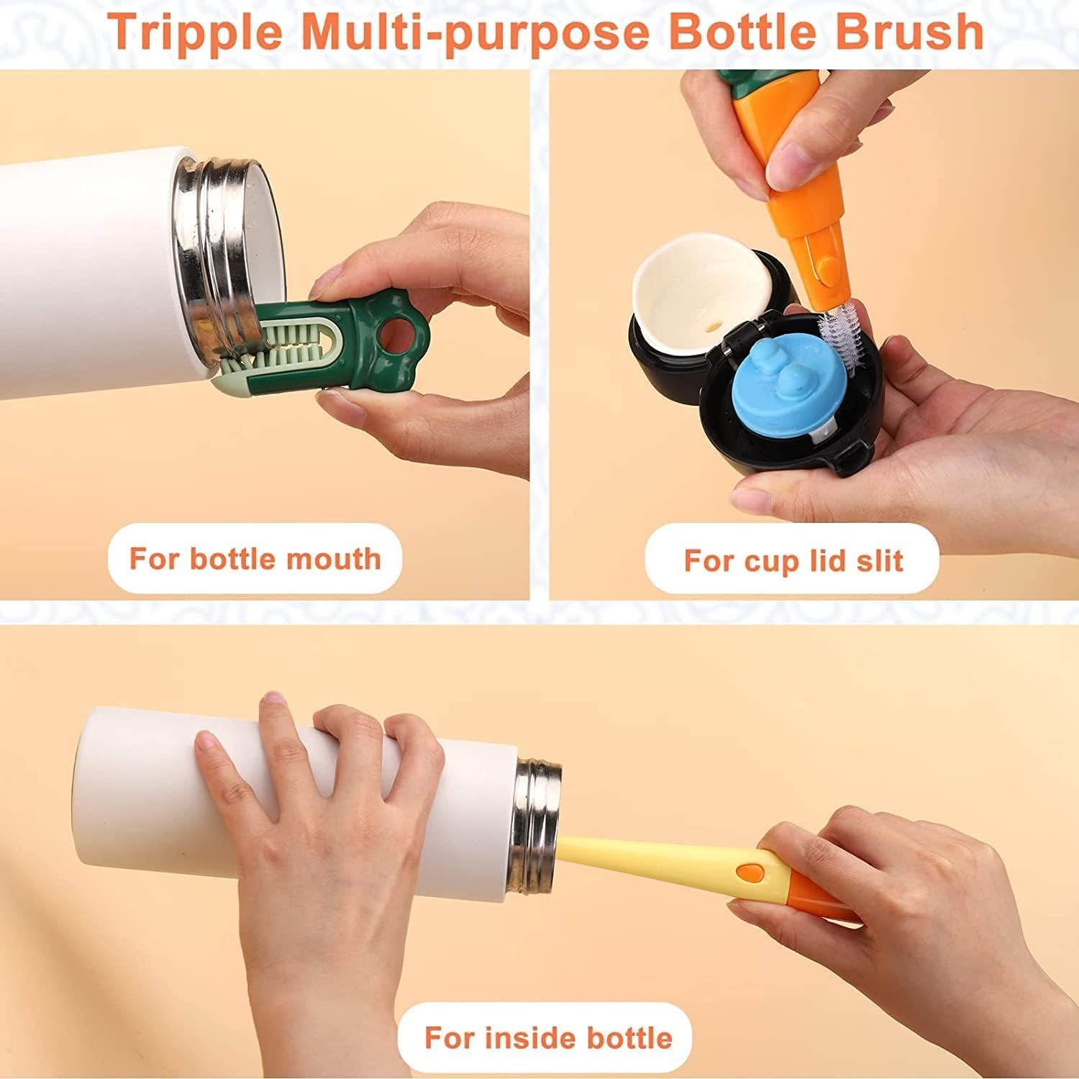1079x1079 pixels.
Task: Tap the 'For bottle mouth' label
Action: point(255,559)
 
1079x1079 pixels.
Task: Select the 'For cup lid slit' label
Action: point(793,560)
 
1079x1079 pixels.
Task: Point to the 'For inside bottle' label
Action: point(548,1038)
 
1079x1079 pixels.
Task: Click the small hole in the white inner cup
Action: point(711,326)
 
